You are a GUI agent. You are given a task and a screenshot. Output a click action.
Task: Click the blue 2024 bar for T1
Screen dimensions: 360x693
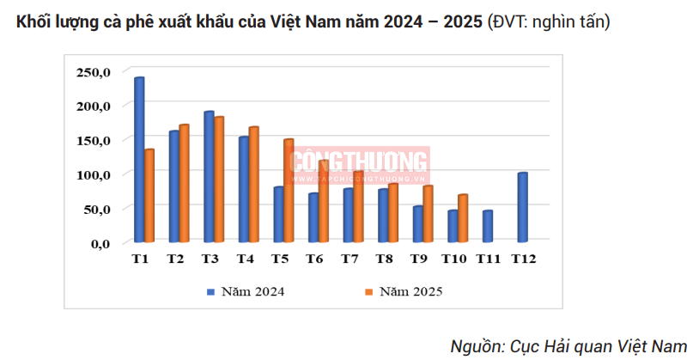[x=139, y=160]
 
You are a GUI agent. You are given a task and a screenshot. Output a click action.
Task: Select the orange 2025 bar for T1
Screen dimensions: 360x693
[x=149, y=196]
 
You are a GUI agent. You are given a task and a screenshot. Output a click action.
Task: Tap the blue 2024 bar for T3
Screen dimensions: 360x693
[x=209, y=177]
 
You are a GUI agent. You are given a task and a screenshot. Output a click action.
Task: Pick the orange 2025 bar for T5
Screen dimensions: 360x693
[x=289, y=191]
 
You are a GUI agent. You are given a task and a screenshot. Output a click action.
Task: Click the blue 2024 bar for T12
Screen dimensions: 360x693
[x=522, y=208]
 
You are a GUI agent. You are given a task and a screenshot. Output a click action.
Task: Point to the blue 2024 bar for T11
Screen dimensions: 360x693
[x=487, y=227]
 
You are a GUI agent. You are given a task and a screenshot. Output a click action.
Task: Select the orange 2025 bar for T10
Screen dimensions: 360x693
[x=463, y=219]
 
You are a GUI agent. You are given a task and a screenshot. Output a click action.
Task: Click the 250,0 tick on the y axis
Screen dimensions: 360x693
[x=94, y=71]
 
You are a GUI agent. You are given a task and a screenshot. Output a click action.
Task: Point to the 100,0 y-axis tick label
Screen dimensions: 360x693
[x=94, y=174]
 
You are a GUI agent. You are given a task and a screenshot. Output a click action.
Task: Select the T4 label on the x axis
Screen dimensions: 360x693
[x=244, y=259]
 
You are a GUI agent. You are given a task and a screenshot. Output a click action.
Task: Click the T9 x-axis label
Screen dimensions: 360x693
[x=421, y=259]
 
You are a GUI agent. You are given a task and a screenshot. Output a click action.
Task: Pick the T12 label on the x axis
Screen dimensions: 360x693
[x=524, y=259]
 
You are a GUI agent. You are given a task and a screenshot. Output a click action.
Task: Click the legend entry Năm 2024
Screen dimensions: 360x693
[x=250, y=292]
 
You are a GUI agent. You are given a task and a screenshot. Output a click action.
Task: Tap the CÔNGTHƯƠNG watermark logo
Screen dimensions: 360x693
[x=359, y=163]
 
